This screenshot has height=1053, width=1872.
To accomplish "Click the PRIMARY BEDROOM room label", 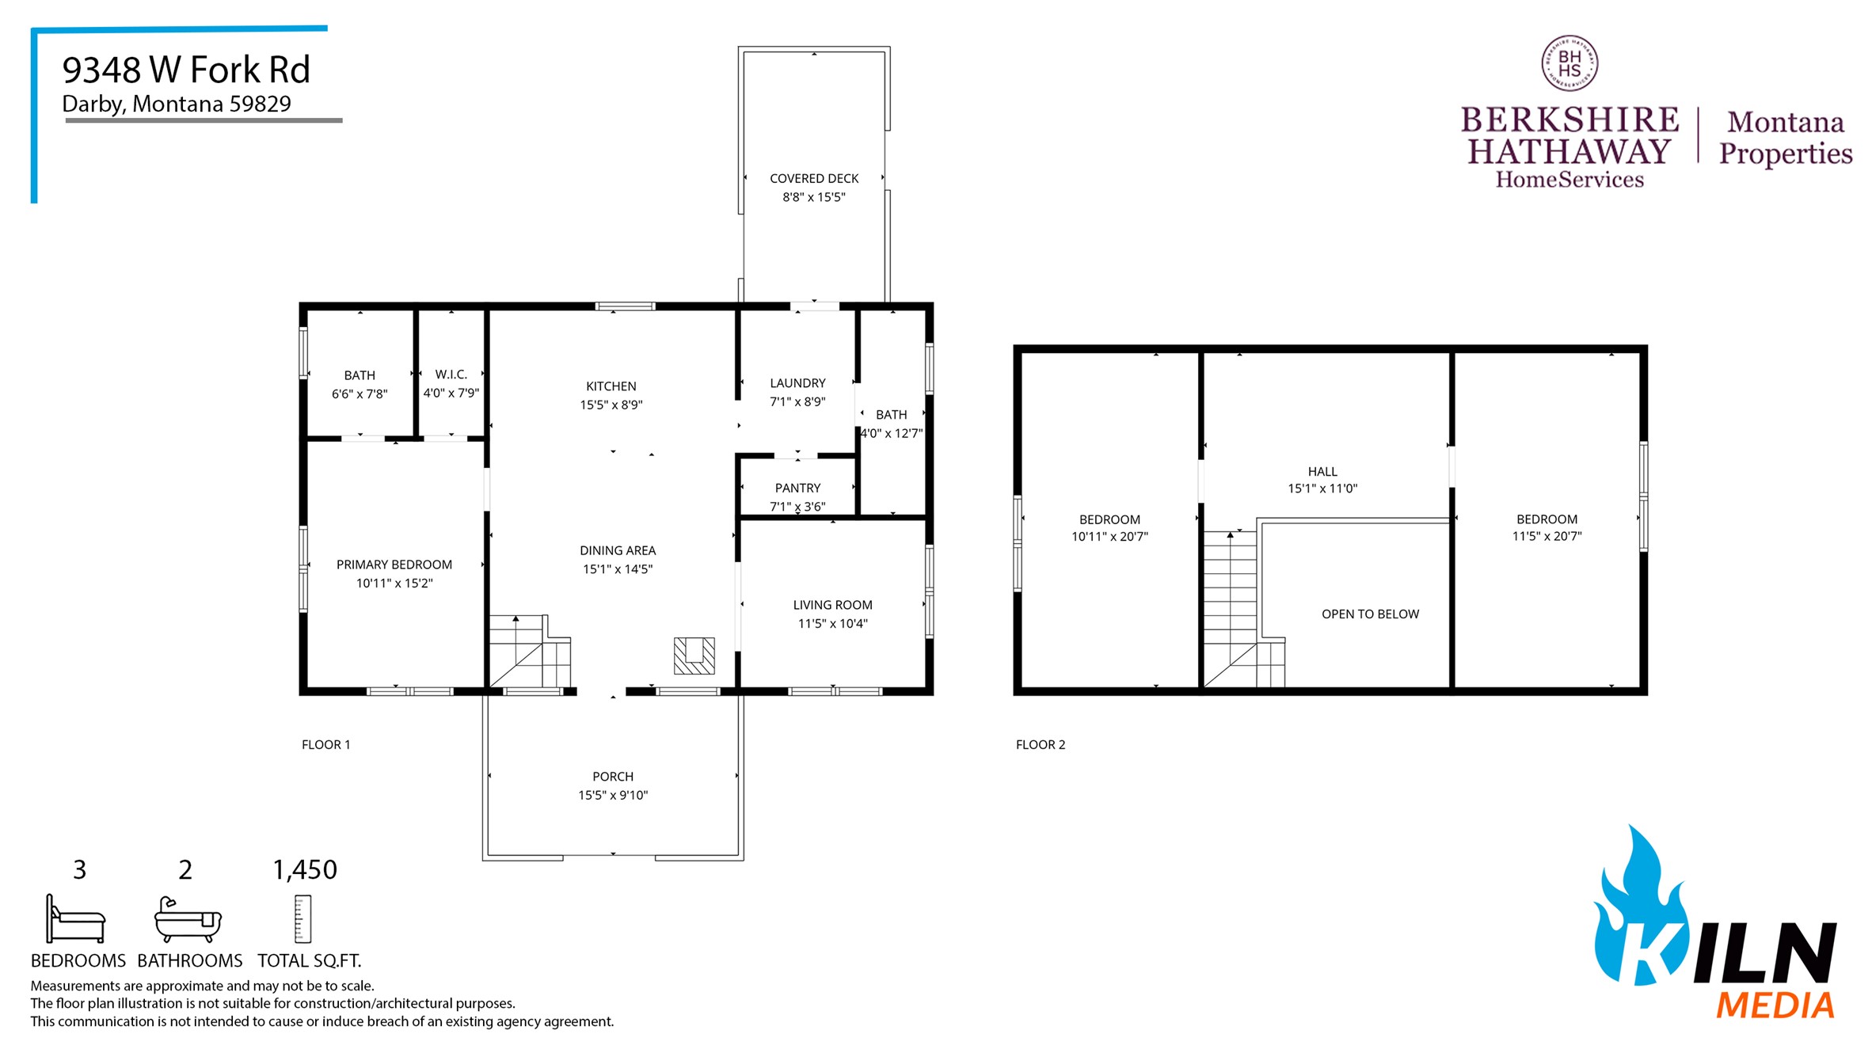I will [x=394, y=565].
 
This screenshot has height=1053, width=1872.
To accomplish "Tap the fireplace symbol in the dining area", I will [x=694, y=656].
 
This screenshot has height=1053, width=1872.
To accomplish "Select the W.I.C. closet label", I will [x=451, y=374].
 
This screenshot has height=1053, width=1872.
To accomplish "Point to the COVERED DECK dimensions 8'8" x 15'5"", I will [x=813, y=197].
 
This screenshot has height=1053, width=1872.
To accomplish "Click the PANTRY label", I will [x=797, y=488].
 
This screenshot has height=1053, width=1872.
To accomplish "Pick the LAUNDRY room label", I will [x=797, y=383].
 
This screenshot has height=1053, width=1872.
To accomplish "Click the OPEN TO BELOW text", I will [x=1369, y=614].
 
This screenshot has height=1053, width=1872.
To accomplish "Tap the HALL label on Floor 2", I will [x=1322, y=472].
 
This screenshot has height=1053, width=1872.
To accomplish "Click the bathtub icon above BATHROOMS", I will [x=188, y=919].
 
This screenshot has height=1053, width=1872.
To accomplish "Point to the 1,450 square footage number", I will [x=305, y=870].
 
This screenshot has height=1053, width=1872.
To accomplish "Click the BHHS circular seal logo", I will [x=1569, y=63].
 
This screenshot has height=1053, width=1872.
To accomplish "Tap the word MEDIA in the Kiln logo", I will [x=1775, y=1005].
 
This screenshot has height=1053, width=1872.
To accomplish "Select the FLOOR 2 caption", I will [x=1040, y=745].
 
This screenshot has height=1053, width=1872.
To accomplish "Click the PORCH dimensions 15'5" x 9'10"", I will [x=612, y=796].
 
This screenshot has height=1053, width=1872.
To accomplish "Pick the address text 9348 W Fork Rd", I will [x=186, y=70].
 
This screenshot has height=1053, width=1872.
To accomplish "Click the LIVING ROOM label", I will [x=832, y=605].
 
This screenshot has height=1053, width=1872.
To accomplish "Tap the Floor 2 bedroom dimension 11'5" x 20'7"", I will [x=1546, y=537].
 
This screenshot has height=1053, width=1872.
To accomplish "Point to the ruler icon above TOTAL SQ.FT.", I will [x=302, y=919].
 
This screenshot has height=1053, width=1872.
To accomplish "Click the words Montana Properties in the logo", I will [x=1785, y=138].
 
